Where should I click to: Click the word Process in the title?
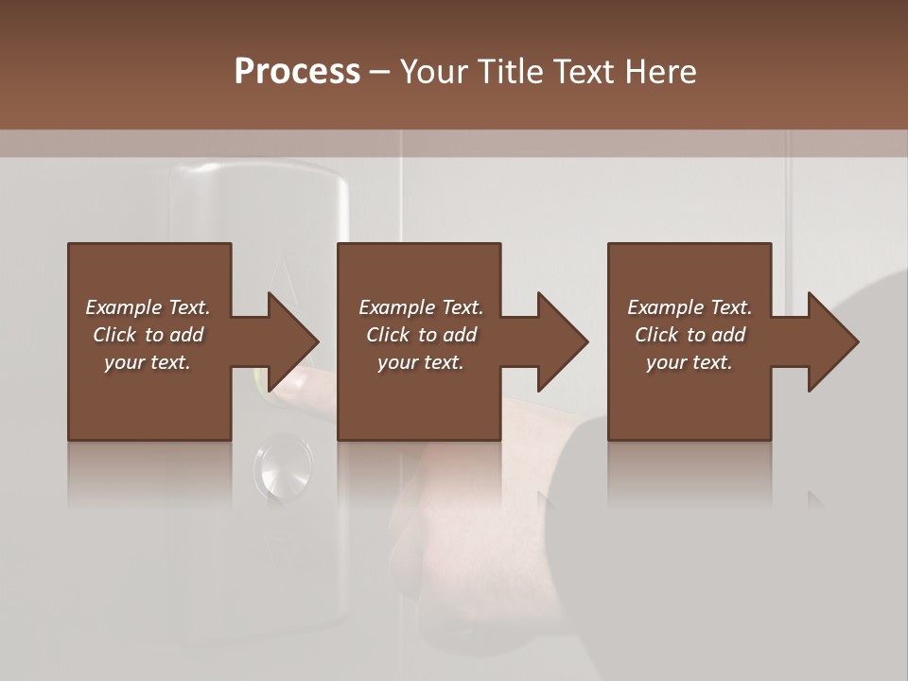pos(297,72)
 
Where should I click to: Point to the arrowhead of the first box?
pos(291,341)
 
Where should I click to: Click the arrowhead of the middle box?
pos(562,341)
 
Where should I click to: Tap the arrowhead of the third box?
pos(832,341)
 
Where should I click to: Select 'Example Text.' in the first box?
pos(148,307)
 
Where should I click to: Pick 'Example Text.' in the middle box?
pos(420,307)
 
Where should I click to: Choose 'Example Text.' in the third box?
pos(690,307)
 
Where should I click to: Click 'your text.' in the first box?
pos(148,362)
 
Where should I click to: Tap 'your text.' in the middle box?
pos(420,362)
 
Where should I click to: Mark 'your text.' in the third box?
pos(690,362)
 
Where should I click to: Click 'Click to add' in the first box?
pos(148,335)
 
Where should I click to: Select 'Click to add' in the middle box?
pos(420,335)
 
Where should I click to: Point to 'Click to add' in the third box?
pos(690,335)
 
